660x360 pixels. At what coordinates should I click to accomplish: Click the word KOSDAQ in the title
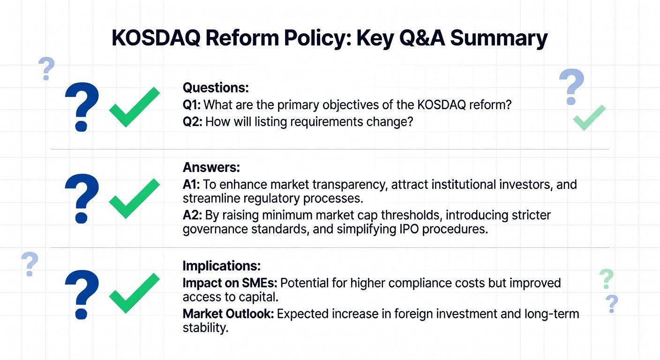pos(156,37)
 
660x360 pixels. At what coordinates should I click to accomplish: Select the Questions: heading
pos(216,88)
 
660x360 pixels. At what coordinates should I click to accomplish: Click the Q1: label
pos(192,105)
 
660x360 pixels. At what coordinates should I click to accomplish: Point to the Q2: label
pos(192,122)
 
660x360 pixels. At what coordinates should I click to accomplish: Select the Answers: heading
pos(211,167)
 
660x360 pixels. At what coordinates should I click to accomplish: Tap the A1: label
pos(191,185)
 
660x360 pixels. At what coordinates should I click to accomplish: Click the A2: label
pos(192,215)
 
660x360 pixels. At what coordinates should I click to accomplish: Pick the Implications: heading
pos(222,266)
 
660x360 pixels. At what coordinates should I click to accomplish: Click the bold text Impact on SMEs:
pos(230,283)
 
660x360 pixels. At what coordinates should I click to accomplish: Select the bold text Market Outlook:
pos(228,314)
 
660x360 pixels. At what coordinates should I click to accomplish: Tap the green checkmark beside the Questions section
pos(135,107)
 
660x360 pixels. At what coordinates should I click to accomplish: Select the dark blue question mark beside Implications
pos(82,294)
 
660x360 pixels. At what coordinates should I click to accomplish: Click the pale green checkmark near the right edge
pos(589,118)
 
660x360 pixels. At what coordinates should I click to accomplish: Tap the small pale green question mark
pos(607,279)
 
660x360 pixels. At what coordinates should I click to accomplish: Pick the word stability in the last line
pos(205,328)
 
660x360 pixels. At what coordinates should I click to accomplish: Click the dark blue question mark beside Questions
pos(82,107)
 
